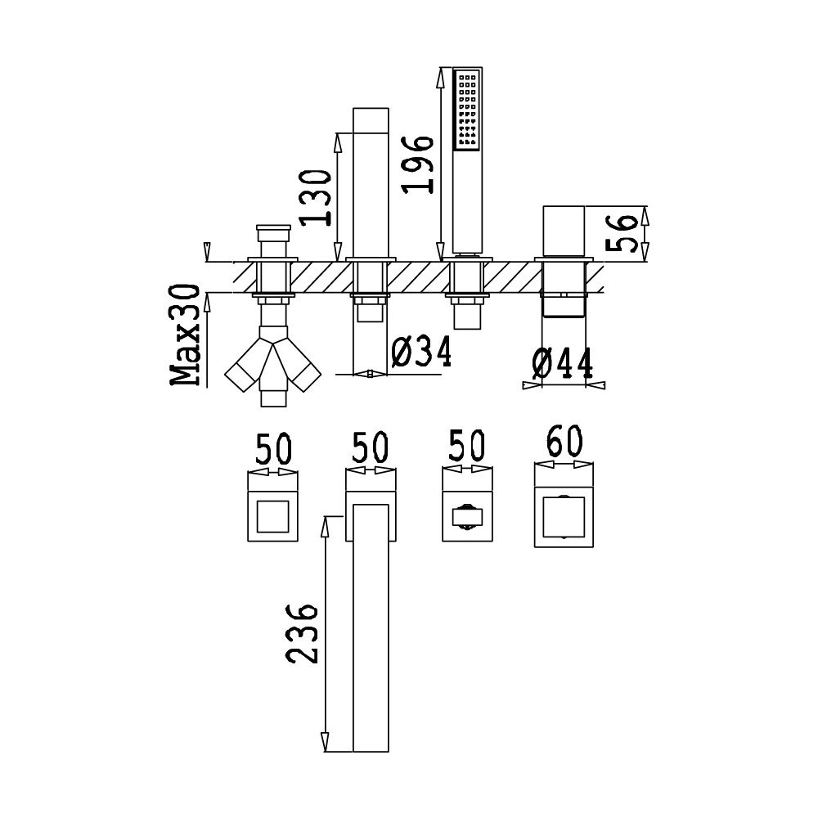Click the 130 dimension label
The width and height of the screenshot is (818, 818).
(316, 198)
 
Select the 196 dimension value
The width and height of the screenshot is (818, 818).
(417, 164)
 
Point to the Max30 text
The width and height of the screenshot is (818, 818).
(185, 335)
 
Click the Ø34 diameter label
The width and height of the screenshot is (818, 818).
(421, 351)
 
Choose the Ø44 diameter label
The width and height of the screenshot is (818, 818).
(563, 363)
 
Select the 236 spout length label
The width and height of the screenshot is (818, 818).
(302, 634)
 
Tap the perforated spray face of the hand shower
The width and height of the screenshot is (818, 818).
(467, 110)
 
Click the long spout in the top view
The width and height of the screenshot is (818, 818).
(371, 628)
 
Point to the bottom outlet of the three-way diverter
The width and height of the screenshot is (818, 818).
(273, 398)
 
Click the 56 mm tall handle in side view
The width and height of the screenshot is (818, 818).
(564, 231)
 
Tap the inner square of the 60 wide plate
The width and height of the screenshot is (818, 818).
(564, 517)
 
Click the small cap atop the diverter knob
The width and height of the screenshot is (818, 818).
(273, 227)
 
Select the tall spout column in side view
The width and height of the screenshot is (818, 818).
(371, 182)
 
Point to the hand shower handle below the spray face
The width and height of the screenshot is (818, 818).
(467, 202)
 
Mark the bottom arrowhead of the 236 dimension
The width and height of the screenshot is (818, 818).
(325, 741)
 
